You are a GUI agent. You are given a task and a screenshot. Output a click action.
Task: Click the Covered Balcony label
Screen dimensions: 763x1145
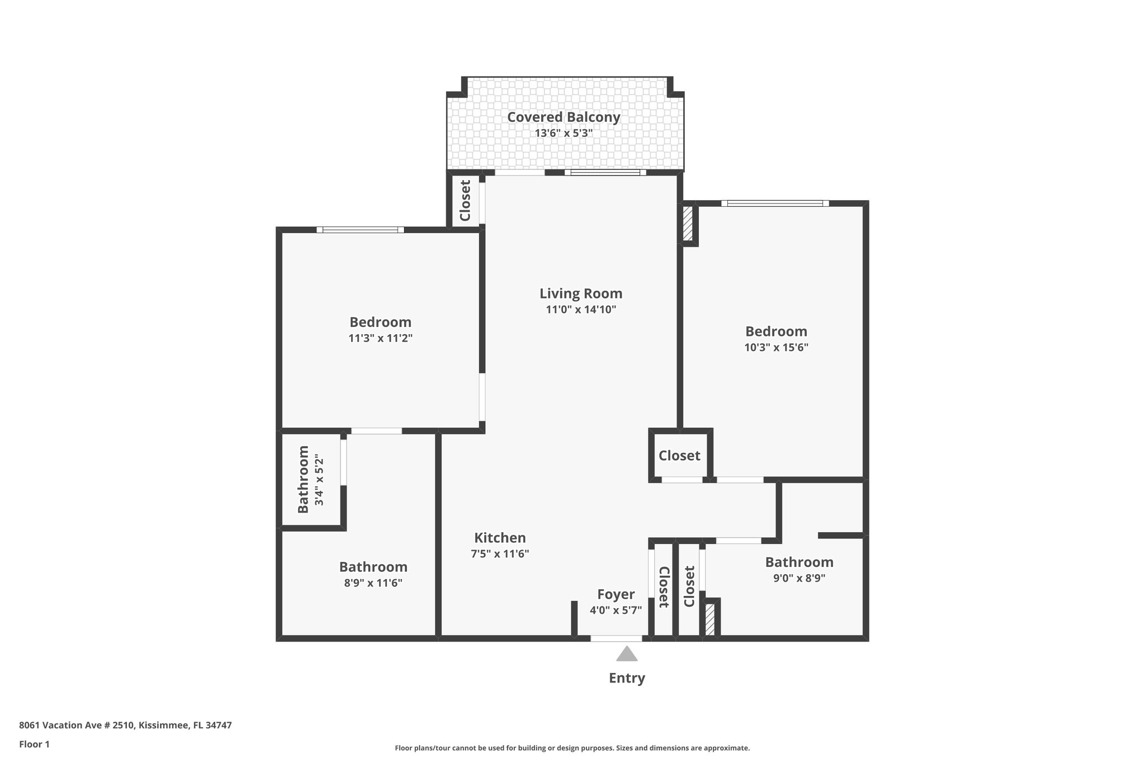(x=564, y=117)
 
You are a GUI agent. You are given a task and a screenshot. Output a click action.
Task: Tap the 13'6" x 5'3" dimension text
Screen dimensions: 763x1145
(x=564, y=134)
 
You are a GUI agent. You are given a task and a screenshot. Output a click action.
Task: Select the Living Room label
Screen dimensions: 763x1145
(x=581, y=293)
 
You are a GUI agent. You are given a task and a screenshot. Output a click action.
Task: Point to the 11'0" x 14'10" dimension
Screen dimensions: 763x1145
(x=581, y=310)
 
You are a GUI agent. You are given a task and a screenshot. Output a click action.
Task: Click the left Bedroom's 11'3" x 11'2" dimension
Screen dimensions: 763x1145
(x=380, y=338)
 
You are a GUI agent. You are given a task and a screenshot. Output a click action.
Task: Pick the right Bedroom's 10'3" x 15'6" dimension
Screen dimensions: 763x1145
(x=776, y=347)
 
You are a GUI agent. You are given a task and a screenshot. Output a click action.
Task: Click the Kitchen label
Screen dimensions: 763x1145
(x=500, y=538)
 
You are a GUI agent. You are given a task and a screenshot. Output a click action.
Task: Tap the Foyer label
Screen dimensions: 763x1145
(x=616, y=594)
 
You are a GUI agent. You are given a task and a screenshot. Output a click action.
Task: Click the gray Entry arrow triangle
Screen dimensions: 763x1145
(x=627, y=655)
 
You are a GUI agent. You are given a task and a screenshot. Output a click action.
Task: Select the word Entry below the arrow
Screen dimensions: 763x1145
(x=627, y=678)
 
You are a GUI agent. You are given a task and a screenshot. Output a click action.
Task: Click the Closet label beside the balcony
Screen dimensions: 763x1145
(x=465, y=200)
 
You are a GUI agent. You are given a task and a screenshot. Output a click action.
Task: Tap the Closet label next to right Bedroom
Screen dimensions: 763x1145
(x=679, y=456)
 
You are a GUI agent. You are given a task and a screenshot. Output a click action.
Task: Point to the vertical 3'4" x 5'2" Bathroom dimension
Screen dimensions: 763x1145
(x=319, y=480)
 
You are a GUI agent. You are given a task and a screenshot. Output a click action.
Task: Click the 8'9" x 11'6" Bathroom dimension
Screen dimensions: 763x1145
(x=373, y=583)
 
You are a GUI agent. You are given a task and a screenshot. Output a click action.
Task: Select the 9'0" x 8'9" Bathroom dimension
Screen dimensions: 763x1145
(x=799, y=578)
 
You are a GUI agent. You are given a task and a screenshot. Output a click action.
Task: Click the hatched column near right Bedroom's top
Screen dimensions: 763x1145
(x=688, y=224)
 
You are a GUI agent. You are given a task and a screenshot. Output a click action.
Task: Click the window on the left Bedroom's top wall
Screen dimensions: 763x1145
(x=361, y=230)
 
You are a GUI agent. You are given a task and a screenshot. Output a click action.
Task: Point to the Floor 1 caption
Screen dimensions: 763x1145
(x=34, y=744)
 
